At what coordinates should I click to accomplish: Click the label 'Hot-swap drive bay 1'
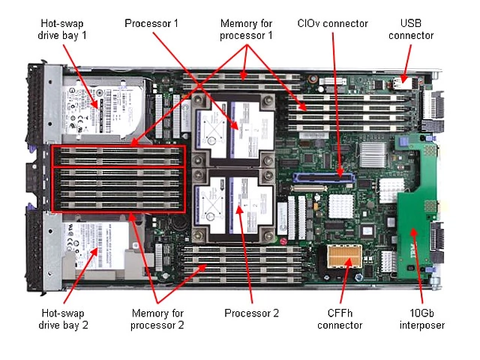(62, 29)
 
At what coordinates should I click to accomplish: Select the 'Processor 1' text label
(151, 23)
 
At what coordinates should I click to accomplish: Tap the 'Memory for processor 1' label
(246, 29)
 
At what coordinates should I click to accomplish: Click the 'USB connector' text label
(411, 29)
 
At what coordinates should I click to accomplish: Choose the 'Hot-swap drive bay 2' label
(62, 319)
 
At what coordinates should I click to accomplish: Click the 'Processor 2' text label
(252, 313)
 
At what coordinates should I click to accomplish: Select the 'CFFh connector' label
(340, 319)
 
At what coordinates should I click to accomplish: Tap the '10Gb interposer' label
(423, 319)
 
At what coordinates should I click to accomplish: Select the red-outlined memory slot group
(117, 178)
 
